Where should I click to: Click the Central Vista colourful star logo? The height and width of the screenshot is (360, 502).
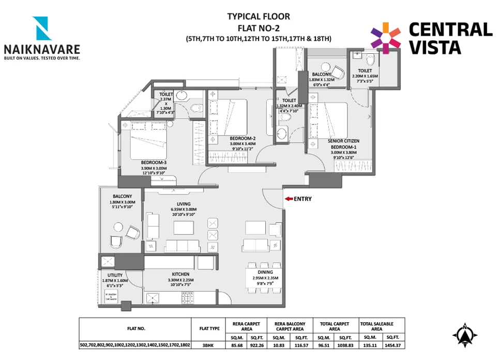click(386, 37)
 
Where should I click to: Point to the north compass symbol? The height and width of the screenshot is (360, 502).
click(465, 336)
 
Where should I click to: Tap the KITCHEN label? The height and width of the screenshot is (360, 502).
click(180, 274)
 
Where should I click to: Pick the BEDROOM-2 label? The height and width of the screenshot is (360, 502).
click(243, 138)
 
